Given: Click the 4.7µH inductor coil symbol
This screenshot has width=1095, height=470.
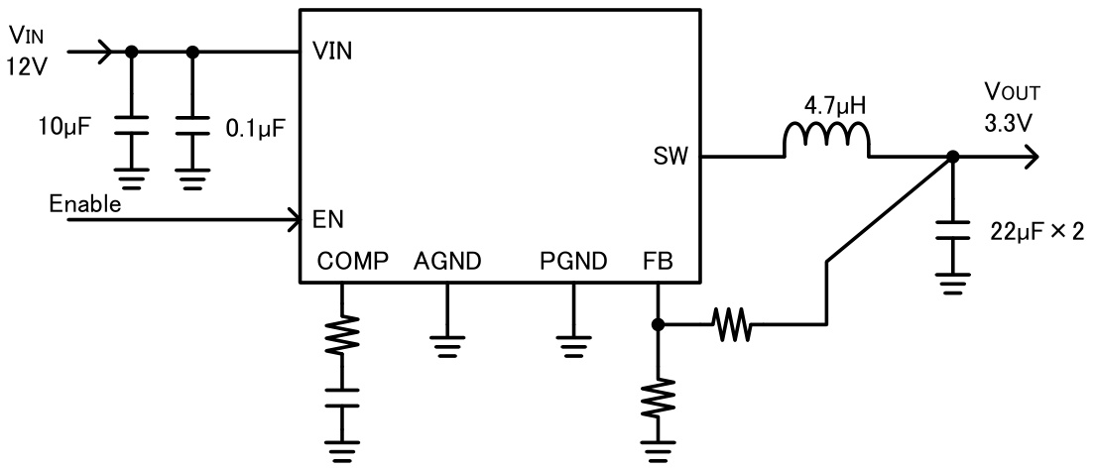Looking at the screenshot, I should coord(826,142).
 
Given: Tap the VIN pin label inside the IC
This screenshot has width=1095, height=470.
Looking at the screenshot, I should coord(331,51).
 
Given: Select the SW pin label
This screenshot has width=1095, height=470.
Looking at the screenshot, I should coord(669,157).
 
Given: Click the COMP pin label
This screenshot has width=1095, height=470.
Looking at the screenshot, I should coord(346,262).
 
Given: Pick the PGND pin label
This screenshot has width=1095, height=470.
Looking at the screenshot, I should coord(572,262).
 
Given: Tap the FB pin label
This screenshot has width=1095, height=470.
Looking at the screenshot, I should coord(658,262).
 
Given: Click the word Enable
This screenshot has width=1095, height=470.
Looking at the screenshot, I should coord(84,204).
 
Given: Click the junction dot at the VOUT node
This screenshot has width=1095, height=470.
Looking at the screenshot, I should coord(952,157).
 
